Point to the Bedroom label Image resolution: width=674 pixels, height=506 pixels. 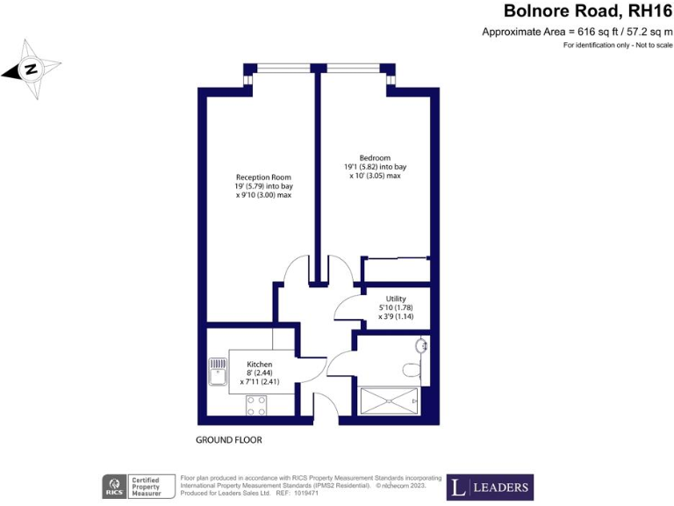click(375, 157)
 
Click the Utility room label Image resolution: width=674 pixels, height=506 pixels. click(396, 299)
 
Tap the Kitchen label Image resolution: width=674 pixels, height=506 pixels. click(259, 364)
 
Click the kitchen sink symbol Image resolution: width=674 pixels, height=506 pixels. click(217, 372)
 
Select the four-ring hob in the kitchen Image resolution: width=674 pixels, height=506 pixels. click(256, 405)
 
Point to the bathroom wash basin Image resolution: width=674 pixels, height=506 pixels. click(423, 345)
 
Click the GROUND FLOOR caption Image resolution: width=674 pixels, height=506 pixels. click(229, 439)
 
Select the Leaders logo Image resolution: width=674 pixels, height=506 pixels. click(490, 487)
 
